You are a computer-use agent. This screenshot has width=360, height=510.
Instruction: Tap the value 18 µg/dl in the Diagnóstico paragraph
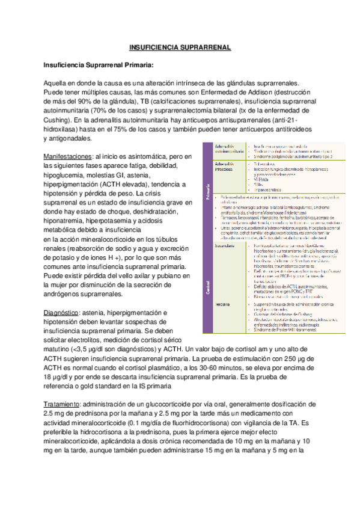[61, 376]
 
